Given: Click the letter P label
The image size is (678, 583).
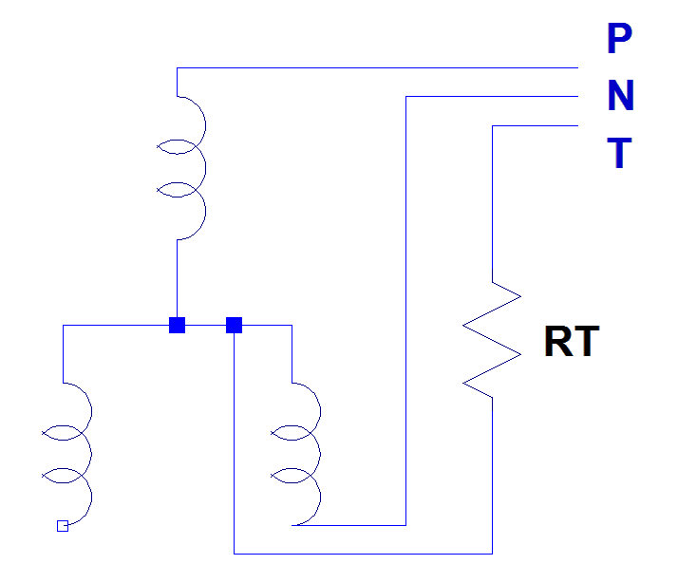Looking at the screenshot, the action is (618, 39).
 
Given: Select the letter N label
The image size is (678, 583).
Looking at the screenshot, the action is (620, 96).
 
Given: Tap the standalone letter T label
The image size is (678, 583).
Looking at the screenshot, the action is (620, 153).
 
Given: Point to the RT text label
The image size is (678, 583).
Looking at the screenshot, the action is (572, 342).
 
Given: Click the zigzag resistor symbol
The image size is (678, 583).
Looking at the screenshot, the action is (492, 339).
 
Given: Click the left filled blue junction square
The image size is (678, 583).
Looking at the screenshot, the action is (177, 325).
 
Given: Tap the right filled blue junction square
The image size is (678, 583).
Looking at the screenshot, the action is (235, 325).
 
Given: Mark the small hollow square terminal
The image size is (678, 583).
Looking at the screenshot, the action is (63, 525).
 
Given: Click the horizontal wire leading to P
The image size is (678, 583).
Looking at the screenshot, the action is (380, 67).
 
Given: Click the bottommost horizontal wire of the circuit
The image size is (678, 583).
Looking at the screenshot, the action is (361, 553).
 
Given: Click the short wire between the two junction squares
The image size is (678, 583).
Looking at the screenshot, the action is (205, 325).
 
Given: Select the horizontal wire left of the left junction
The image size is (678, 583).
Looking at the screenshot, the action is (114, 325).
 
